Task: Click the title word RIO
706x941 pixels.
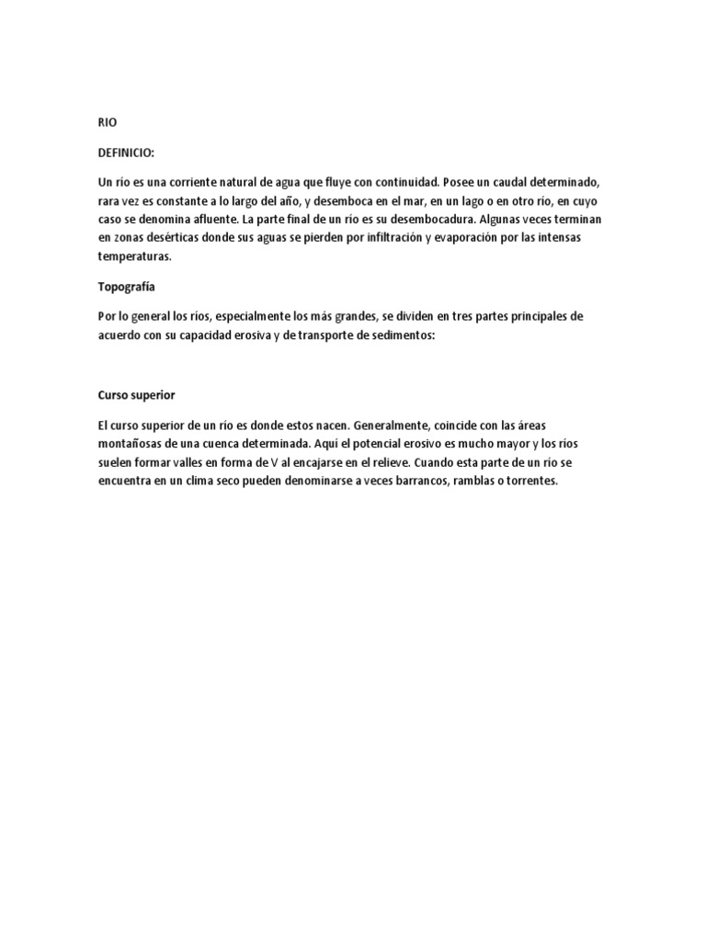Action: point(108,122)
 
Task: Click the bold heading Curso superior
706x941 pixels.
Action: point(137,394)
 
